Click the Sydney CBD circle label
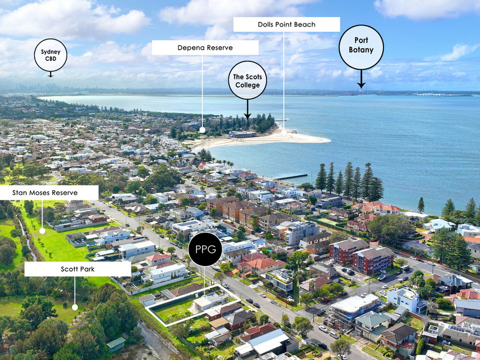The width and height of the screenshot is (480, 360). tap(51, 55)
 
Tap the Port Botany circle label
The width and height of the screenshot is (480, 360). tap(361, 47)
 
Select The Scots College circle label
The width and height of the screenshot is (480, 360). tap(247, 80)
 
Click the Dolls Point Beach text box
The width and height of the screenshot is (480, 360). tap(286, 25)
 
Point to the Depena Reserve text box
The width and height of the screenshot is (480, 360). tap(205, 47)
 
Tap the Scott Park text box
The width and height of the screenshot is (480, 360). tap(78, 269)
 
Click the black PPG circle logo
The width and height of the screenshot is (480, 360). tap(205, 249)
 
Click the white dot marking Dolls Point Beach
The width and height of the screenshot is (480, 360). tap(284, 132)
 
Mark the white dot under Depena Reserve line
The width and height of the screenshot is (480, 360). tap(202, 130)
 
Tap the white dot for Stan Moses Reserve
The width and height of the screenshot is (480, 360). tap(42, 231)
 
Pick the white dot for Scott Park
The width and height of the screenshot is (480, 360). tap(75, 307)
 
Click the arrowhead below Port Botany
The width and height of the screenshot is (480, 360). tap(361, 85)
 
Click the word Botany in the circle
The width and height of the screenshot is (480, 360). tap(361, 50)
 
